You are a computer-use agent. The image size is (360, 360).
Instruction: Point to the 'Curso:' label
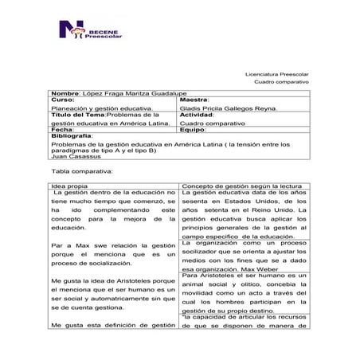pyautogui.click(x=62, y=100)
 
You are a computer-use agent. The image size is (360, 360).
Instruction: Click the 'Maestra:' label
pyautogui.click(x=197, y=100)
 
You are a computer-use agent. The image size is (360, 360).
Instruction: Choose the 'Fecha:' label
pyautogui.click(x=63, y=130)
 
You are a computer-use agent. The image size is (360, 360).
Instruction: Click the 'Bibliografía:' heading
pyautogui.click(x=73, y=137)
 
